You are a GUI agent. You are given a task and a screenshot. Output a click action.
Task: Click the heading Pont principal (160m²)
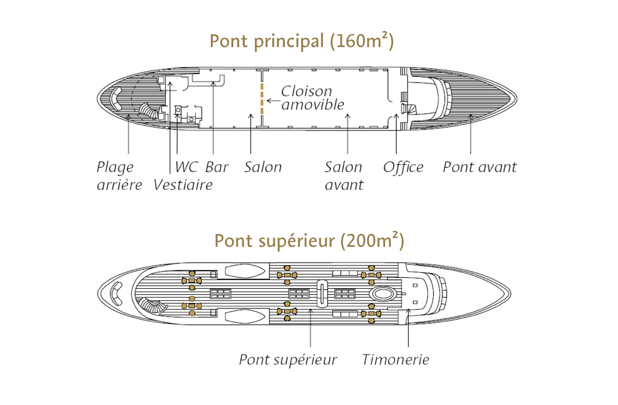click(x=302, y=41)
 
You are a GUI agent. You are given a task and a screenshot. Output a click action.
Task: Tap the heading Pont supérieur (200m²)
click(x=309, y=241)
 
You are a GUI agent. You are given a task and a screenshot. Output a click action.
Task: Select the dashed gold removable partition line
click(x=262, y=99)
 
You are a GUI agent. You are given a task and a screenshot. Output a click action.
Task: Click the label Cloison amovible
click(x=313, y=98)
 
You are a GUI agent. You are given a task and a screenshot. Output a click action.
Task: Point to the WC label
click(x=186, y=167)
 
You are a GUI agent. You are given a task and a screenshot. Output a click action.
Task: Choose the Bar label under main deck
click(x=217, y=167)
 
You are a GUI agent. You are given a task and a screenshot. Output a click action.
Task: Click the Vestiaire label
click(x=183, y=185)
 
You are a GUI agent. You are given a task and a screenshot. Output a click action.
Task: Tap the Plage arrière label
click(x=119, y=176)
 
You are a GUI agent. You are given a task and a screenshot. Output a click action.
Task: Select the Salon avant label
click(x=344, y=176)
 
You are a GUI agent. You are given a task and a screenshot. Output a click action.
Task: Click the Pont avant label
click(x=480, y=167)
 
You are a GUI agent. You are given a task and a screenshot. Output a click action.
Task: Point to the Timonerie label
click(x=396, y=359)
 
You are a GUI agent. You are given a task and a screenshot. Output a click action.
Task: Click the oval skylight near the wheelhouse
click(x=383, y=293)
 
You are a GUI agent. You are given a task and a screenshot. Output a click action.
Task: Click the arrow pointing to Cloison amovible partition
click(x=273, y=101)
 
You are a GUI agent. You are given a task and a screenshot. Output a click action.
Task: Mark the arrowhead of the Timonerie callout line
click(x=408, y=310)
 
